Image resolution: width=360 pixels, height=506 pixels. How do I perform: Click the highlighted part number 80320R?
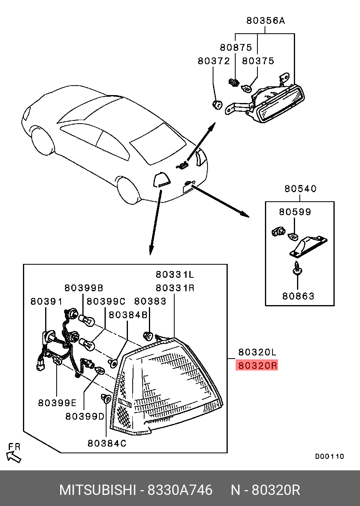pyautogui.click(x=257, y=365)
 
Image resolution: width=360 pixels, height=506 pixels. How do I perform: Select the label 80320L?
pyautogui.click(x=257, y=352)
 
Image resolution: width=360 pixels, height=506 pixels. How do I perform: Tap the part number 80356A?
pyautogui.click(x=265, y=21)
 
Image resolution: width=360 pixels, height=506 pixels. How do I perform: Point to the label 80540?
pyautogui.click(x=300, y=189)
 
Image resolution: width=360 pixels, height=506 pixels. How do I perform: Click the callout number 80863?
pyautogui.click(x=298, y=296)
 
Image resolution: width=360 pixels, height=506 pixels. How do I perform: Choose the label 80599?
pyautogui.click(x=295, y=212)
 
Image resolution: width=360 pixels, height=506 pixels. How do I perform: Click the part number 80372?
pyautogui.click(x=214, y=61)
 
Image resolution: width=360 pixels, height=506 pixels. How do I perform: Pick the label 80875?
pyautogui.click(x=236, y=48)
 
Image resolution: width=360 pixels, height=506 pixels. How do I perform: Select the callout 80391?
pyautogui.click(x=46, y=302)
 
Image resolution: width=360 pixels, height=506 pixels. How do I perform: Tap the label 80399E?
pyautogui.click(x=57, y=403)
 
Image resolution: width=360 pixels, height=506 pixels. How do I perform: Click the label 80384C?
pyautogui.click(x=107, y=444)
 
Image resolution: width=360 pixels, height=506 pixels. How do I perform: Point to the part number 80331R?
pyautogui.click(x=175, y=288)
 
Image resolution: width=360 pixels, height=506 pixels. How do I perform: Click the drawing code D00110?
pyautogui.click(x=330, y=456)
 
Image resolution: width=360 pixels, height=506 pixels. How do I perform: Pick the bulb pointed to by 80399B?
pyautogui.click(x=86, y=319)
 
